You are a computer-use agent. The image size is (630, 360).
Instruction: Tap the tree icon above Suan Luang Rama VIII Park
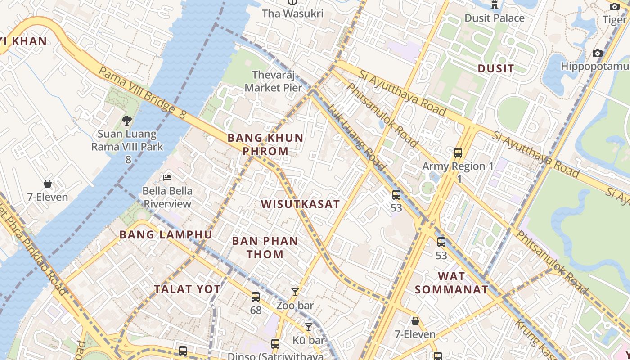[x=127, y=120]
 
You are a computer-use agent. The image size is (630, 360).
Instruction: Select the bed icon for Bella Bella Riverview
[x=167, y=177]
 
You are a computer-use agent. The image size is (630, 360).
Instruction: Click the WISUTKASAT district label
[x=300, y=204]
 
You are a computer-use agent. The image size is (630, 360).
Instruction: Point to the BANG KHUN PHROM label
[x=265, y=144]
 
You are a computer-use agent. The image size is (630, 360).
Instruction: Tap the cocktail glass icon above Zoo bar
[x=295, y=292]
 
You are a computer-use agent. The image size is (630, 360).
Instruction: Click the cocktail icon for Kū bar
[x=309, y=327]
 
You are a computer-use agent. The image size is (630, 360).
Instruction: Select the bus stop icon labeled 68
[x=256, y=297]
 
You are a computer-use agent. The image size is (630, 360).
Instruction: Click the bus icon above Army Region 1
[x=458, y=153]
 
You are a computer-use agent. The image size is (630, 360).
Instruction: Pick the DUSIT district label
[x=495, y=68]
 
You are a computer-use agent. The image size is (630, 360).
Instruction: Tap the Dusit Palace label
[x=495, y=18]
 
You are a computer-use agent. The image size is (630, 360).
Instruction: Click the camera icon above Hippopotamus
[x=598, y=53]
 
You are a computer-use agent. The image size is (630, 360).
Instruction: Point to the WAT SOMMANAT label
[x=451, y=283]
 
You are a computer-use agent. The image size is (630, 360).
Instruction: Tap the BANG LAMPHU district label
[x=166, y=234]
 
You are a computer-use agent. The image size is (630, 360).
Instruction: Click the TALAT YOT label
[x=188, y=289]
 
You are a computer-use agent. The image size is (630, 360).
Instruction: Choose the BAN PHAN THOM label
[x=265, y=247]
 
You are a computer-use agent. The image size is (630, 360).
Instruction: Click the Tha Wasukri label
[x=292, y=13]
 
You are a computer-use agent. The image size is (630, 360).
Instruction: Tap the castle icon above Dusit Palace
[x=495, y=5]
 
